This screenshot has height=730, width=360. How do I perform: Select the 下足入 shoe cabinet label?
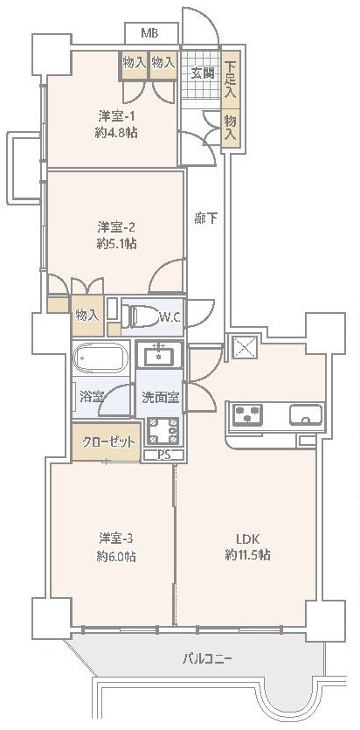click(x=230, y=77)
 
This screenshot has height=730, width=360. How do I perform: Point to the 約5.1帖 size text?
click(x=116, y=244)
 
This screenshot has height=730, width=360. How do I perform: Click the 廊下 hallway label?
click(x=206, y=218)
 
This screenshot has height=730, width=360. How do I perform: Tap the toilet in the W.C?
click(x=140, y=317)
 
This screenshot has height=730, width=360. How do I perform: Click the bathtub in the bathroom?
click(x=101, y=358)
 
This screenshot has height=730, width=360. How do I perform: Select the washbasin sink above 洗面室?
click(x=160, y=355)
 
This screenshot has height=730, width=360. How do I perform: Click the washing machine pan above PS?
click(x=163, y=431)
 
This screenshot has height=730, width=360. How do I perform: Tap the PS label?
click(x=163, y=455)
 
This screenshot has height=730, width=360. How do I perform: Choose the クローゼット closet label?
click(x=108, y=441)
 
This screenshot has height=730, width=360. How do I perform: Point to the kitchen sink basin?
click(x=306, y=414)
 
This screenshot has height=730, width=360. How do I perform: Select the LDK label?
click(x=247, y=539)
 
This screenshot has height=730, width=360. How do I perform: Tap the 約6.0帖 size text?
click(x=116, y=556)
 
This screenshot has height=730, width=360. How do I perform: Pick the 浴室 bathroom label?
click(x=91, y=397)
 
